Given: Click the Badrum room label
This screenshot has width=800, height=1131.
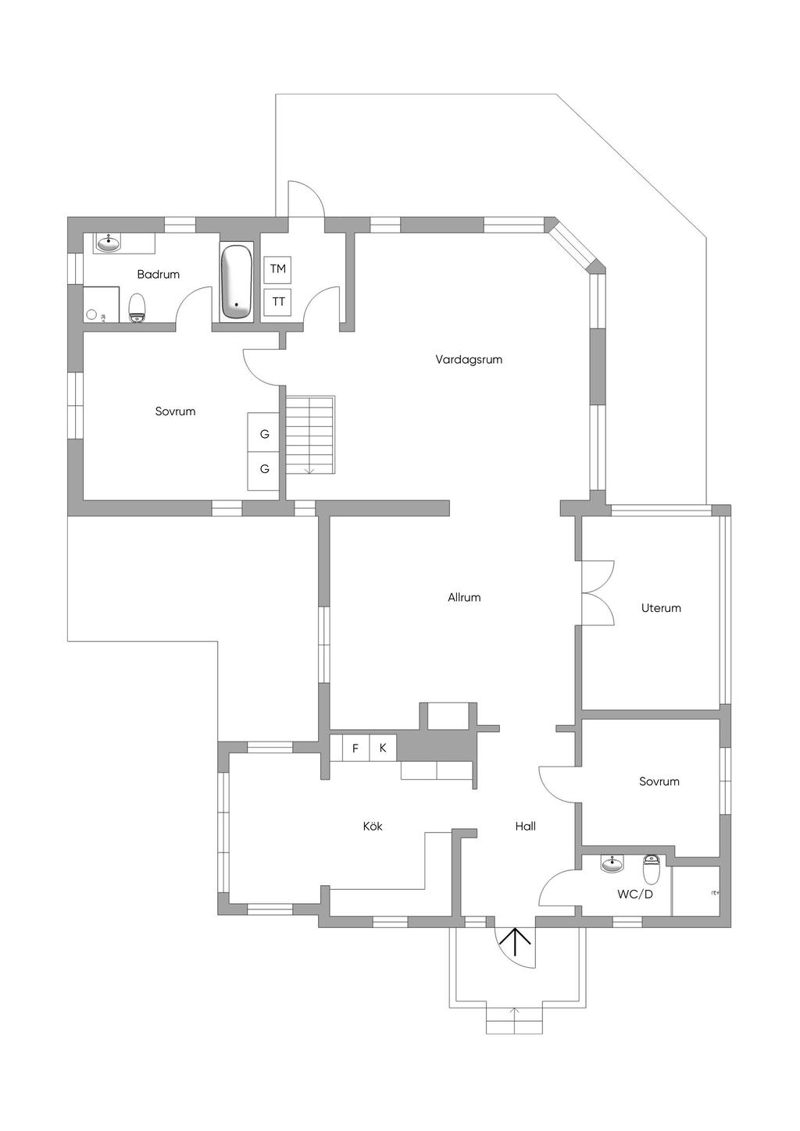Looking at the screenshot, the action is [158, 275].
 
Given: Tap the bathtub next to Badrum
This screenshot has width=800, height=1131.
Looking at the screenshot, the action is [237, 282].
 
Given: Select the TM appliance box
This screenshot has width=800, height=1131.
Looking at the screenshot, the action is [277, 269].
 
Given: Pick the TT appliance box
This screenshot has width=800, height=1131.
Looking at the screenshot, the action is [277, 302].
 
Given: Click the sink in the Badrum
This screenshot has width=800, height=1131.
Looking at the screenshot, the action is [108, 244].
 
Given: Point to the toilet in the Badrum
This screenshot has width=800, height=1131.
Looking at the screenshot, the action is [137, 308].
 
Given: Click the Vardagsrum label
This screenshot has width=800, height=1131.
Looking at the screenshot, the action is [469, 360].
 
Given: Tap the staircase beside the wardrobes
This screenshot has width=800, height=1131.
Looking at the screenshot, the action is [310, 435].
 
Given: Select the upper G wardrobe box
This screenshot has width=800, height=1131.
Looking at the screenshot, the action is [264, 432].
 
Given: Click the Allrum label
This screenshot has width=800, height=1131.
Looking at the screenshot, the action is [464, 598].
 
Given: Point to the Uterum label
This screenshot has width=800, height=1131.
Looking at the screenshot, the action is [661, 608].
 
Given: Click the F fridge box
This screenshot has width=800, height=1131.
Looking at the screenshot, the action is [355, 748].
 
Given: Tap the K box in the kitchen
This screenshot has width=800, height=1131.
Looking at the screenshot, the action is [383, 748].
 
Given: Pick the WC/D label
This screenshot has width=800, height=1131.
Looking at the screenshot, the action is [634, 894].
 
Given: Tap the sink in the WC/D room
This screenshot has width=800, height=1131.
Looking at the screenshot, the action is [612, 865].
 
